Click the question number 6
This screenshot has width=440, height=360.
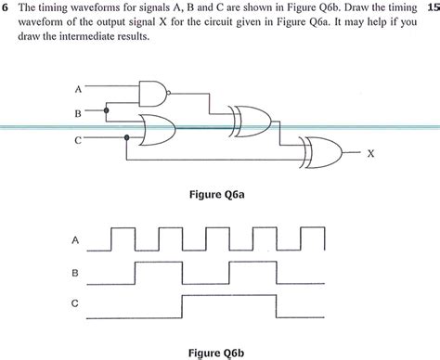tap(6, 8)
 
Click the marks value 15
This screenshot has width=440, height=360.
tap(431, 8)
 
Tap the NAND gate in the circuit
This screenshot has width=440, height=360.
tap(151, 90)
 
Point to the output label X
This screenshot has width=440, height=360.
tap(371, 153)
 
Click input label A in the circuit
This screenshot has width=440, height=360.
tap(78, 89)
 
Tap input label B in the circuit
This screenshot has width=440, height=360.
tap(78, 112)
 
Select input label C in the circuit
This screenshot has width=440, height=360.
tap(78, 141)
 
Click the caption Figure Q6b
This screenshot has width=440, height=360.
tap(220, 353)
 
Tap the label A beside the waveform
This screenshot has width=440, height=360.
tap(75, 240)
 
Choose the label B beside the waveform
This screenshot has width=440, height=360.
tap(75, 273)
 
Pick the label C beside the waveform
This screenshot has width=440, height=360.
tap(75, 303)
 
